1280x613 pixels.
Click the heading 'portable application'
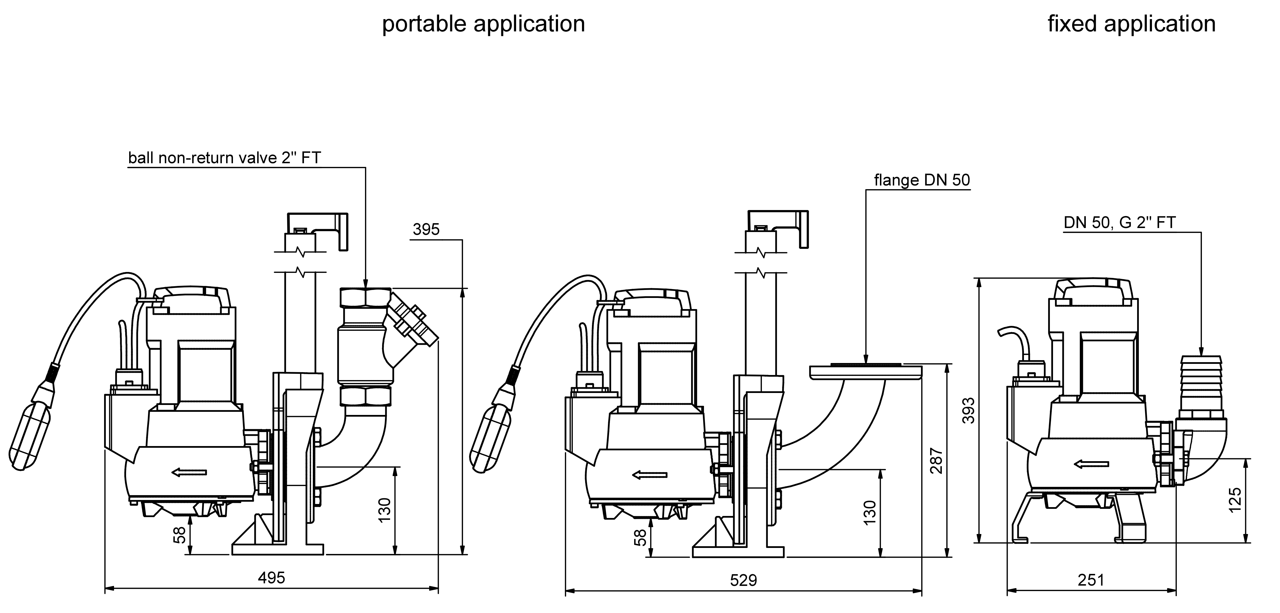pyautogui.click(x=483, y=24)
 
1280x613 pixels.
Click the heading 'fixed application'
pyautogui.click(x=1131, y=24)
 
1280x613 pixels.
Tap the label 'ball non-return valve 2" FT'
pyautogui.click(x=225, y=158)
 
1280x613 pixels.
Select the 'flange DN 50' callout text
pyautogui.click(x=922, y=180)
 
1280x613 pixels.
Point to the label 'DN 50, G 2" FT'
pyautogui.click(x=1119, y=223)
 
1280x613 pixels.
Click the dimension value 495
pyautogui.click(x=271, y=578)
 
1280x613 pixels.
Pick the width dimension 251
pyautogui.click(x=1091, y=580)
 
